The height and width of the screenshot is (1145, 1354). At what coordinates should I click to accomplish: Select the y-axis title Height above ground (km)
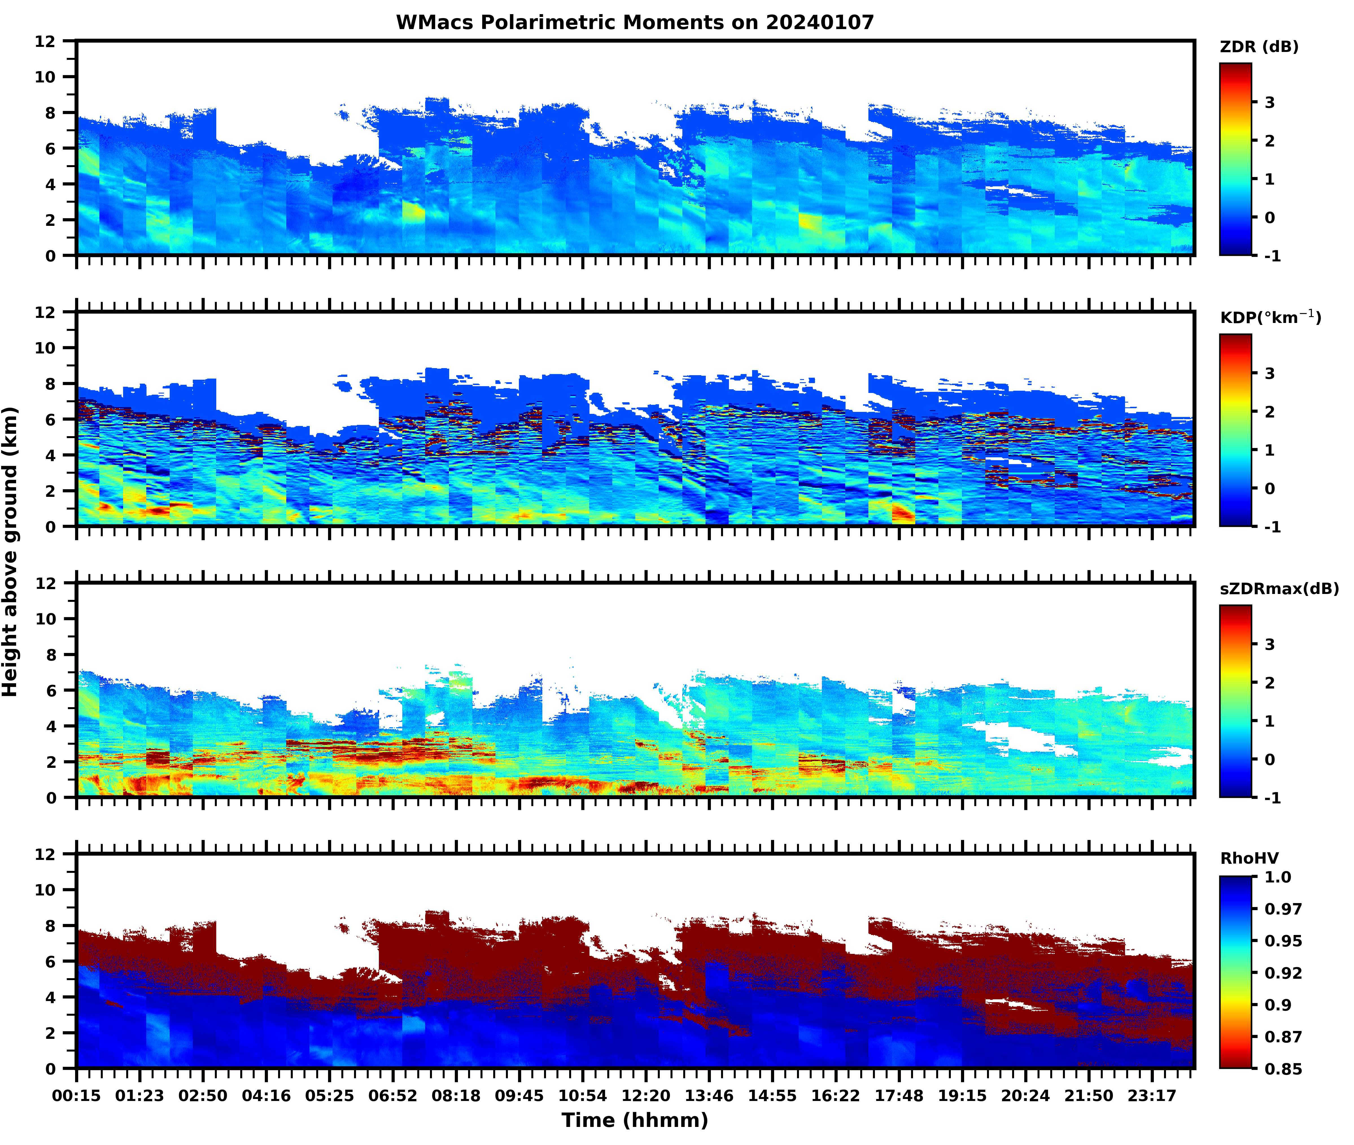10,552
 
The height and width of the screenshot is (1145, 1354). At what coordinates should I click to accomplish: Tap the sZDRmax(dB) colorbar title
1279,589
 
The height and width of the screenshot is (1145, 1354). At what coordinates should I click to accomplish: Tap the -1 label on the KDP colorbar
1272,526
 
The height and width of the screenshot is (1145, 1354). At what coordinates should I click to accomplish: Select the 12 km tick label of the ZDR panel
45,41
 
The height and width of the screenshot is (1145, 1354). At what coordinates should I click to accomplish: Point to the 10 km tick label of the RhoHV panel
45,890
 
